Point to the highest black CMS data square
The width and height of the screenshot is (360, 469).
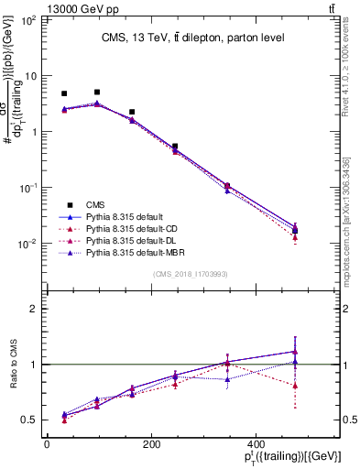tap(97, 92)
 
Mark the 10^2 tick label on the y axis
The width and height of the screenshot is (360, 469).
tap(27, 19)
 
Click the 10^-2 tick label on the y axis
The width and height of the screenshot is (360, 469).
tap(27, 244)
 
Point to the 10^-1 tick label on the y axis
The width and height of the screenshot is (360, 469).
tap(27, 188)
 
